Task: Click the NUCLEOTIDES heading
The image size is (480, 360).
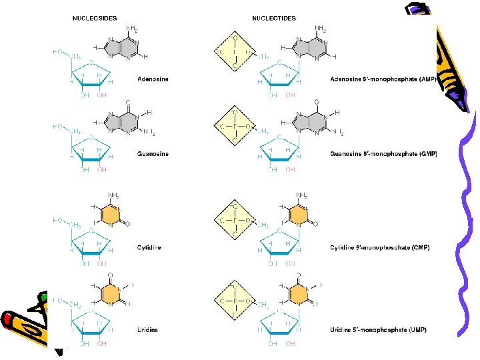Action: pos(274,18)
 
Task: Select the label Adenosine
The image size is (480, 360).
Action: pos(153,79)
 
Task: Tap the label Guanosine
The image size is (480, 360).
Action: pos(153,154)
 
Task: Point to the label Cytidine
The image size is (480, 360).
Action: pos(149,248)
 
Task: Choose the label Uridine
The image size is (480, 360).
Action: pos(149,330)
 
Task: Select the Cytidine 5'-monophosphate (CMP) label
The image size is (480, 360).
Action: pos(380,248)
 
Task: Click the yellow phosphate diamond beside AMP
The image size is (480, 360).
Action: pos(234,51)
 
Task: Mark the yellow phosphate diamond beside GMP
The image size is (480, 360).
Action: pos(234,125)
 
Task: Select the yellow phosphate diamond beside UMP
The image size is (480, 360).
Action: pos(234,301)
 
